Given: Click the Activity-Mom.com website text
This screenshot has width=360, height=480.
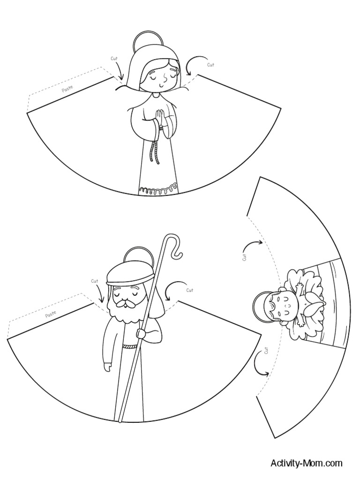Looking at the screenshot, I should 306,464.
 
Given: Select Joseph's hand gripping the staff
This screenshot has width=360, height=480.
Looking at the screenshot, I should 140,333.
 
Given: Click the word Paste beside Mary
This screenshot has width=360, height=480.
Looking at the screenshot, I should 67,88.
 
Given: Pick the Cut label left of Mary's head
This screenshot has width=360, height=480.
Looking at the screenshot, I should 114,59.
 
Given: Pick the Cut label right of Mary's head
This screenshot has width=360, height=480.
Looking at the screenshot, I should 210,65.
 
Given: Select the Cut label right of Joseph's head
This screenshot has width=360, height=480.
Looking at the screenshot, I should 189,290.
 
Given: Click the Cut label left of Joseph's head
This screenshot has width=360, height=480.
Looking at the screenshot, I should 95,281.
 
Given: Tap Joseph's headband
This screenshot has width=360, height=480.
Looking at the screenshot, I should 125,280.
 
